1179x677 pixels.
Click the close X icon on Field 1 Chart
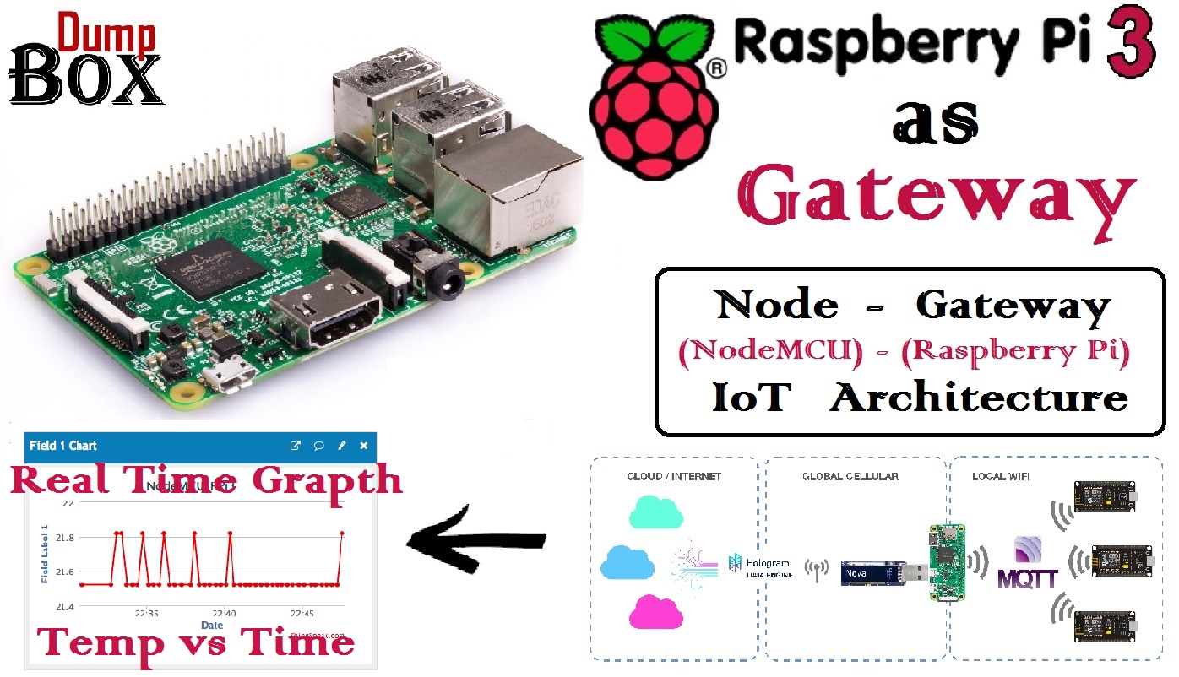tap(364, 446)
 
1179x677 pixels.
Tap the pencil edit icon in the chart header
tap(342, 446)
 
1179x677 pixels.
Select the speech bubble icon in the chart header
tap(319, 446)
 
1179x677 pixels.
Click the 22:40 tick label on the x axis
tap(224, 614)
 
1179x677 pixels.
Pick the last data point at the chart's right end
tap(342, 533)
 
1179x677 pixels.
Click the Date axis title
tap(212, 626)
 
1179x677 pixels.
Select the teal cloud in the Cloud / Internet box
tap(655, 511)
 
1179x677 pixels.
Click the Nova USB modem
tap(874, 573)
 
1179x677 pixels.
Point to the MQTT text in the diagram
tap(1027, 578)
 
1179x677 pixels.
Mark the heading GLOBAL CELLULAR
tap(850, 477)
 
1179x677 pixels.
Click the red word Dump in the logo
tap(106, 33)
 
